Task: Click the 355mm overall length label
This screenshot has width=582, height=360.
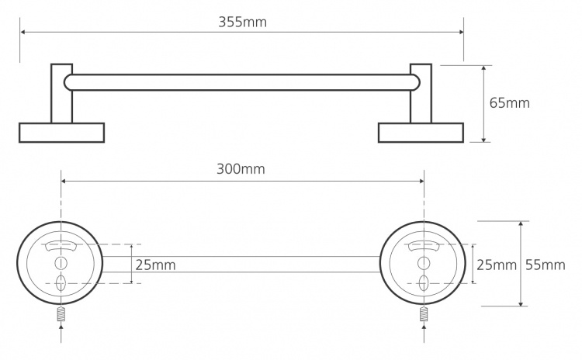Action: point(242,22)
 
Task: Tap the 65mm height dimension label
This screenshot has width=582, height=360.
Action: point(509,103)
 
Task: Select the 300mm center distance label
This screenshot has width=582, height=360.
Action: point(241,169)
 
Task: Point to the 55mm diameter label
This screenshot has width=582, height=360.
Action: point(546,265)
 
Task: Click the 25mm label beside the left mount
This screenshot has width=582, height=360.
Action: point(155,265)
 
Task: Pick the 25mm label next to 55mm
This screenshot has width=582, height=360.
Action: point(497,265)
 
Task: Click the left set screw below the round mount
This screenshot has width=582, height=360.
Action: point(61,314)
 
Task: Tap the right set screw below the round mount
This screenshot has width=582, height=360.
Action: point(424,314)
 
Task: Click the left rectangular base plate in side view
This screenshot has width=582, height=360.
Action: point(61,133)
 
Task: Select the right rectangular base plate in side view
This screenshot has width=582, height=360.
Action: point(421,133)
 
